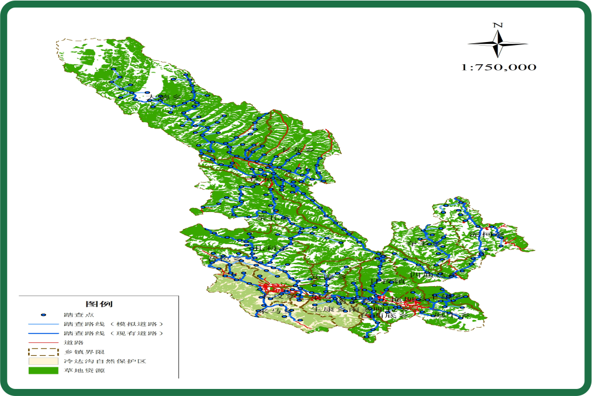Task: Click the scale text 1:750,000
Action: tap(498, 67)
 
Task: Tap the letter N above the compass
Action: tap(498, 25)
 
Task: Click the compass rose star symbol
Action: tap(498, 44)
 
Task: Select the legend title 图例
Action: tap(99, 304)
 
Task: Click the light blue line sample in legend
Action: tap(44, 324)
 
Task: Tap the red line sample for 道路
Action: tap(44, 342)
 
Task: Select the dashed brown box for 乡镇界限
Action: tap(44, 352)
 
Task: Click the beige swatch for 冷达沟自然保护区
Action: tap(44, 361)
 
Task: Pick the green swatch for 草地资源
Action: tap(44, 370)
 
